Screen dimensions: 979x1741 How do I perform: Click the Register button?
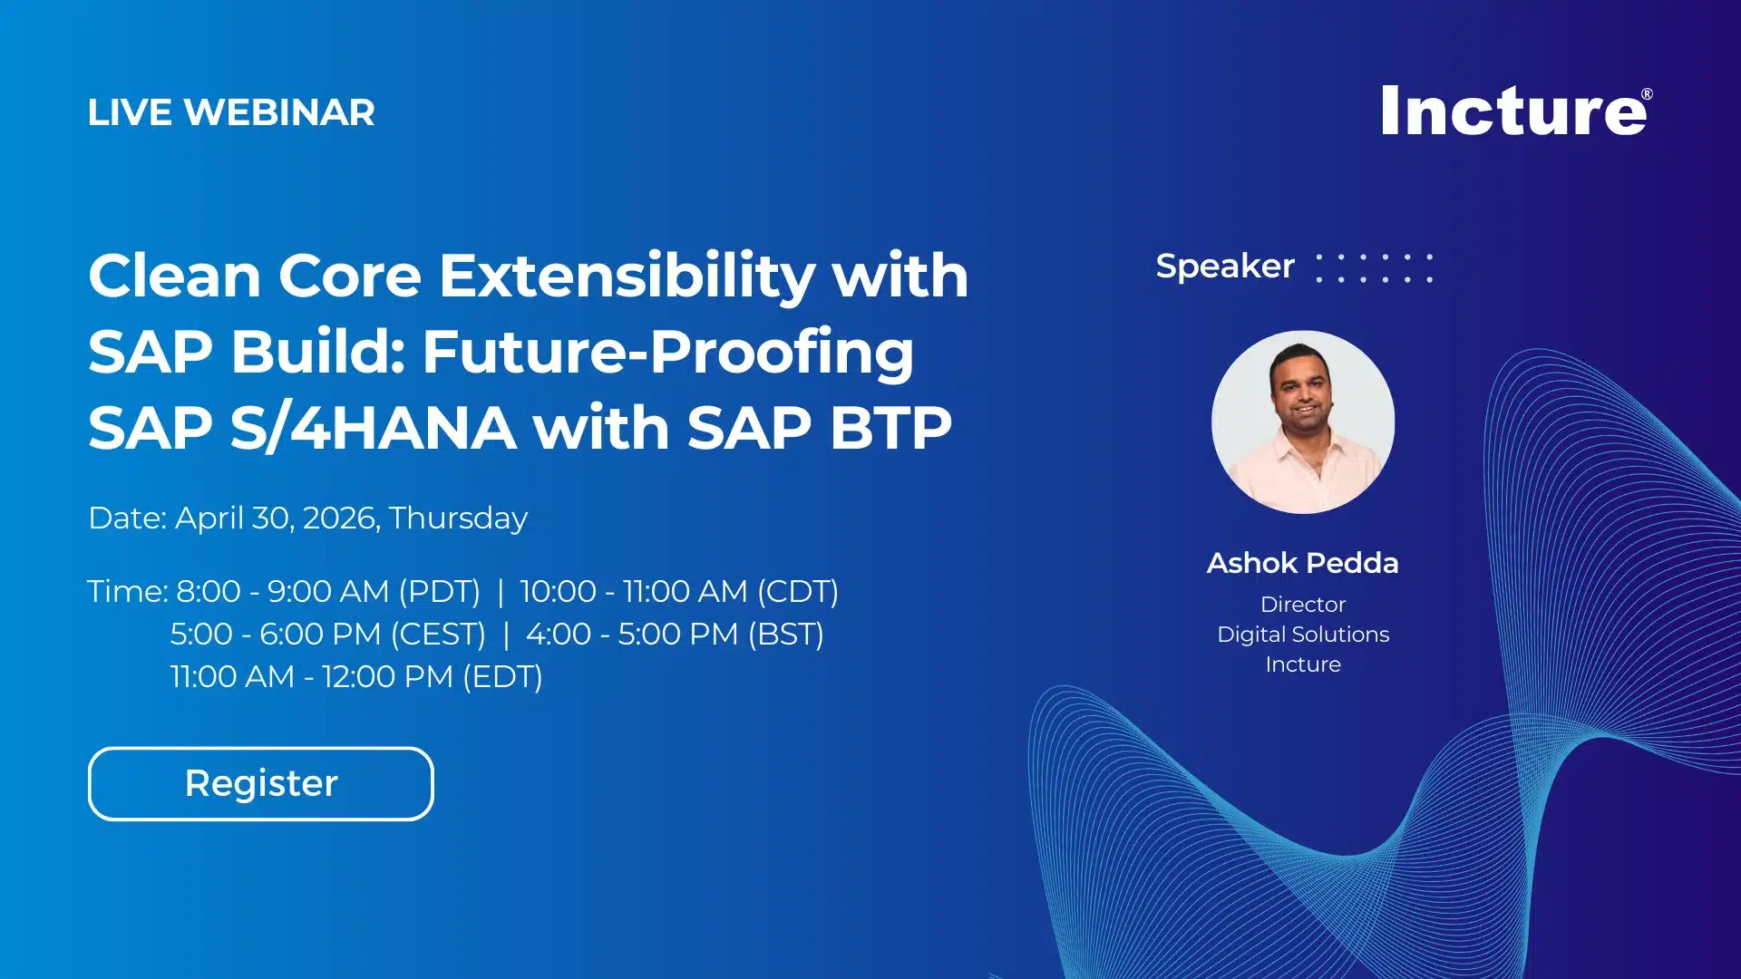tap(260, 783)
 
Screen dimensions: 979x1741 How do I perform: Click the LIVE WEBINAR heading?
tap(231, 112)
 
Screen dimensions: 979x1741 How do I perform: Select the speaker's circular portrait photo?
tap(1303, 422)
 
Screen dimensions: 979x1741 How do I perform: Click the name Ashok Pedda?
tap(1302, 563)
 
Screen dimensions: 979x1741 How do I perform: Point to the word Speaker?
tap(1224, 267)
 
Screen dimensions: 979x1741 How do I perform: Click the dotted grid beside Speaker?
tap(1374, 268)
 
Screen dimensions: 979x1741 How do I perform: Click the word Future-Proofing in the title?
tap(667, 352)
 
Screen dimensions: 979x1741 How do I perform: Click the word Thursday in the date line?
tap(458, 518)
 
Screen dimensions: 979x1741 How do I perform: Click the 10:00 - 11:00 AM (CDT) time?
tap(678, 592)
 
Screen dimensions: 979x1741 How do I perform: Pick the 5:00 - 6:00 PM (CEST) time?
tap(327, 635)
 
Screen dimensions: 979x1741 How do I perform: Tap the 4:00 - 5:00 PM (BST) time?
tap(675, 635)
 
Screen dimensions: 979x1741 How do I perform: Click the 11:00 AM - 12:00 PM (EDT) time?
tap(356, 677)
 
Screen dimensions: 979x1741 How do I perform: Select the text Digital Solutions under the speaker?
tap(1302, 635)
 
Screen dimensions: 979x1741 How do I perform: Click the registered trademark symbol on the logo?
tap(1647, 94)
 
